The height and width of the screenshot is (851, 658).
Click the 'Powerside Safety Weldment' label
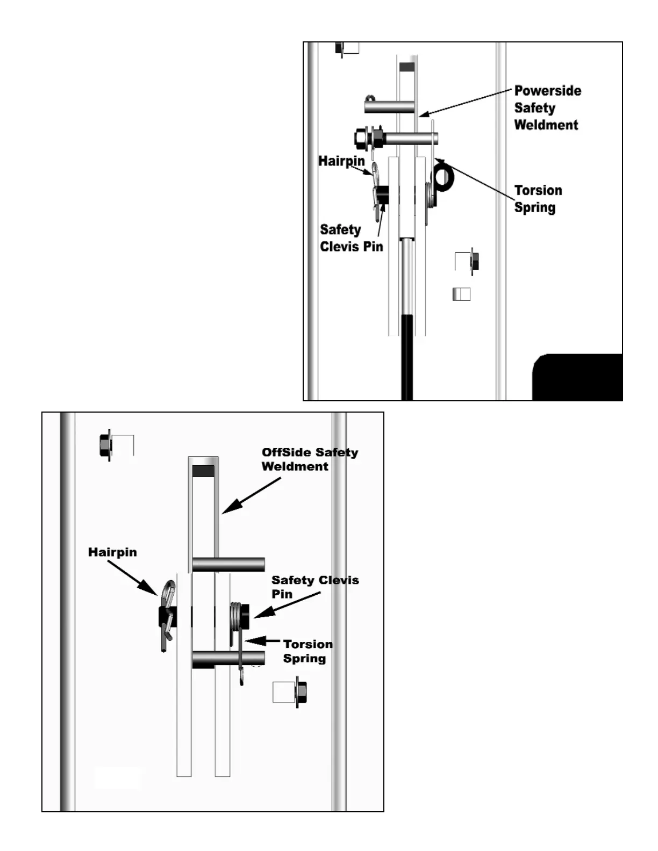click(x=547, y=107)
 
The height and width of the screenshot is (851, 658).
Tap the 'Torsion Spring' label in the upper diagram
click(x=538, y=199)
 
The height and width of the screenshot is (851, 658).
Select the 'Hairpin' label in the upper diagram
click(x=341, y=161)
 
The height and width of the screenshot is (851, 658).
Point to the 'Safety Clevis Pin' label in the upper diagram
click(x=351, y=238)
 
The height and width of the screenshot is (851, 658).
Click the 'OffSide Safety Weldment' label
click(x=309, y=459)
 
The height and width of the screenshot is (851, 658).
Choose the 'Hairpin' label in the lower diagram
click(x=112, y=552)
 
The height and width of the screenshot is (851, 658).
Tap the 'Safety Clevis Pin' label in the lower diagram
click(x=314, y=587)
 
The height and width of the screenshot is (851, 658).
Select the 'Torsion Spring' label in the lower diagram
click(x=307, y=651)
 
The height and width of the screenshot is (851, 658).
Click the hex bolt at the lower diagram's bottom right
click(x=301, y=693)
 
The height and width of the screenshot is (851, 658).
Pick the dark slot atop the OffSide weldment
click(x=203, y=471)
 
